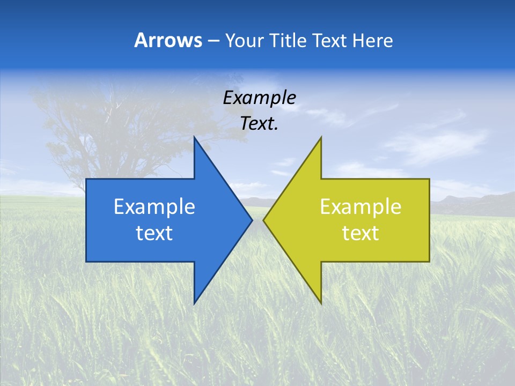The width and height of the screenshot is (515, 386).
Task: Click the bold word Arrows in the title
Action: (168, 40)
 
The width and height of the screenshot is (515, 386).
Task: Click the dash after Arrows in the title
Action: (213, 41)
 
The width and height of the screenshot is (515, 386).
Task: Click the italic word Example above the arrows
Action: (259, 98)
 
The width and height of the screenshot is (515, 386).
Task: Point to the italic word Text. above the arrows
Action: (259, 123)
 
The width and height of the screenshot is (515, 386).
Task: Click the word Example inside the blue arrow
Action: (154, 206)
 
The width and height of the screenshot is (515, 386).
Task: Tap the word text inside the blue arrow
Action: (154, 233)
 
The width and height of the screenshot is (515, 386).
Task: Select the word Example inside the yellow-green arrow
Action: (360, 206)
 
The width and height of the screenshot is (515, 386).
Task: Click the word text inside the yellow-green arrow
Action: (360, 233)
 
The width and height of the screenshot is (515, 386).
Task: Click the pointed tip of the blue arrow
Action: (251, 220)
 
